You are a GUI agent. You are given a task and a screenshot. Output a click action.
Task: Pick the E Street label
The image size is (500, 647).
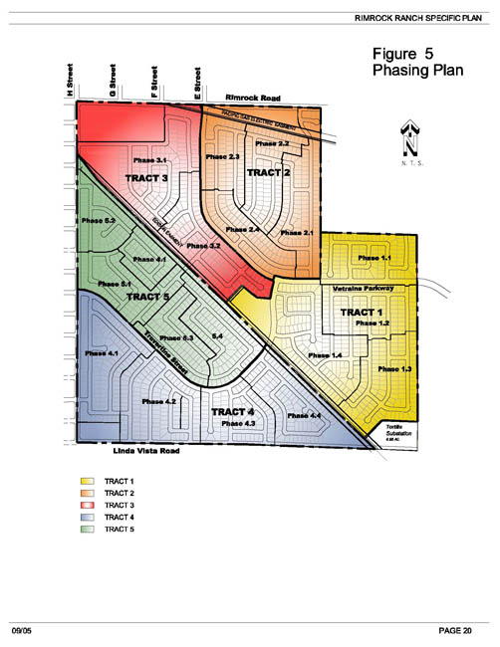point(198,84)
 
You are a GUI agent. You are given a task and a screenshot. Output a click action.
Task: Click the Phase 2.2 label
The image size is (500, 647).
point(270,145)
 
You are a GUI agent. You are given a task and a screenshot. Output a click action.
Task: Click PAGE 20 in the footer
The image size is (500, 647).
point(458,631)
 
